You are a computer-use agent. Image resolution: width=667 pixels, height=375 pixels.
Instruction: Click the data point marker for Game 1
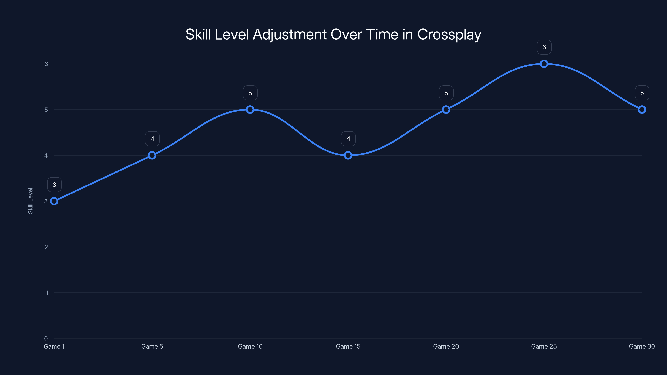pyautogui.click(x=54, y=201)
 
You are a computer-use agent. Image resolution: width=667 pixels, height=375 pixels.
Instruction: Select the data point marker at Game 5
pyautogui.click(x=152, y=155)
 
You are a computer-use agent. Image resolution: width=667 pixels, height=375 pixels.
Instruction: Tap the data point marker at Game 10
pyautogui.click(x=250, y=109)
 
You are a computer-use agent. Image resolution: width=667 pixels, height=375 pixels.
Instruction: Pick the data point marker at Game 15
pyautogui.click(x=348, y=155)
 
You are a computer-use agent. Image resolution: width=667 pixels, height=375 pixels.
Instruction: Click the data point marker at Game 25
pyautogui.click(x=544, y=64)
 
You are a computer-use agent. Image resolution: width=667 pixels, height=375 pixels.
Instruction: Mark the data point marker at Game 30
pyautogui.click(x=642, y=109)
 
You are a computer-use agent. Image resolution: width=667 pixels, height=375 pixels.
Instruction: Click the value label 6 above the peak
pyautogui.click(x=544, y=47)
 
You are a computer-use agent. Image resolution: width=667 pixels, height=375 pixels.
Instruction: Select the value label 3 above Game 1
pyautogui.click(x=54, y=185)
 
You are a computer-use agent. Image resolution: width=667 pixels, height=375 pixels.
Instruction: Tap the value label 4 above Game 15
pyautogui.click(x=348, y=139)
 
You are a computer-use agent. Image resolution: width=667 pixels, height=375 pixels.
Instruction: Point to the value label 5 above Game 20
pyautogui.click(x=446, y=93)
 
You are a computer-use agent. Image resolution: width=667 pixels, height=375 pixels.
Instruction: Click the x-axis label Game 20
pyautogui.click(x=446, y=346)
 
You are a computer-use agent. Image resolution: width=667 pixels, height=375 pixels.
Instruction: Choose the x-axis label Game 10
pyautogui.click(x=250, y=346)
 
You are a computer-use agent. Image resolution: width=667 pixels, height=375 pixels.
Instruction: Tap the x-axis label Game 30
pyautogui.click(x=642, y=346)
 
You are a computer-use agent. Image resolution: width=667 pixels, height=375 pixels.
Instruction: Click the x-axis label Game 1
pyautogui.click(x=54, y=346)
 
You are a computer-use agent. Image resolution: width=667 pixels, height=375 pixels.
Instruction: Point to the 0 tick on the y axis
pyautogui.click(x=46, y=338)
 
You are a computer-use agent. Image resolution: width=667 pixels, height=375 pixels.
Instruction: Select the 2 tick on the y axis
pyautogui.click(x=46, y=247)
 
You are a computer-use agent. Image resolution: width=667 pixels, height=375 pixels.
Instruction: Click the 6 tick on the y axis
pyautogui.click(x=46, y=64)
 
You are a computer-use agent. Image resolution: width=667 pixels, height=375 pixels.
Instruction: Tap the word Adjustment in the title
pyautogui.click(x=290, y=35)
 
